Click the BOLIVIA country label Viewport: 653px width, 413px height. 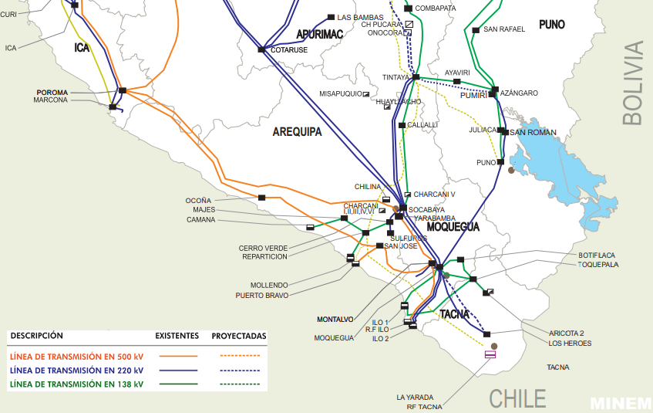point(631,83)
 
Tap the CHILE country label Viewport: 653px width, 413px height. point(518,398)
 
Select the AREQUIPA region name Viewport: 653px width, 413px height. point(297,132)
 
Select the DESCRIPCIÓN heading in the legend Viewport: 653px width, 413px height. point(37,336)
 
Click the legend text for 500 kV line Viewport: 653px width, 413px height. point(76,356)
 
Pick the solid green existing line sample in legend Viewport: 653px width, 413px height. point(179,384)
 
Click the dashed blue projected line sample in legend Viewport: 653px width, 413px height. point(238,370)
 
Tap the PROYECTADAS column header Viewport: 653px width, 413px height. point(238,336)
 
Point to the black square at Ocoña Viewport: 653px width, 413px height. point(261,198)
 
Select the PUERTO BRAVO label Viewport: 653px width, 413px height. point(262,294)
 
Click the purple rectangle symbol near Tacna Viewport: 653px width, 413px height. point(490,355)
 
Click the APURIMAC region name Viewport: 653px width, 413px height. point(319,35)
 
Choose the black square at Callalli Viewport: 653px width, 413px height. point(402,125)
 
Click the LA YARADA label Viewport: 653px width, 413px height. point(411,397)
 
